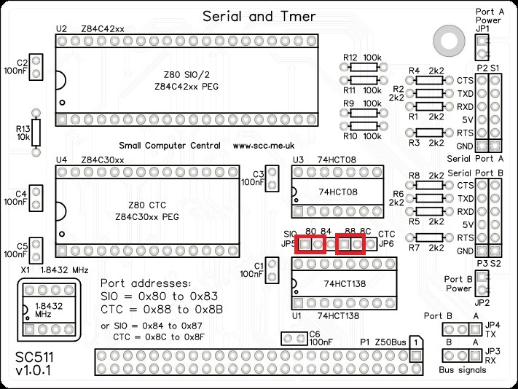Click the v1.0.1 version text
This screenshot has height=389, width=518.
pos(34,374)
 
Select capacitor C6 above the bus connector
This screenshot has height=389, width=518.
pos(294,339)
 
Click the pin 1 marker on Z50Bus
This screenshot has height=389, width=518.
pos(414,341)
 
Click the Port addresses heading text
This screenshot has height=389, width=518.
pos(145,283)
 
